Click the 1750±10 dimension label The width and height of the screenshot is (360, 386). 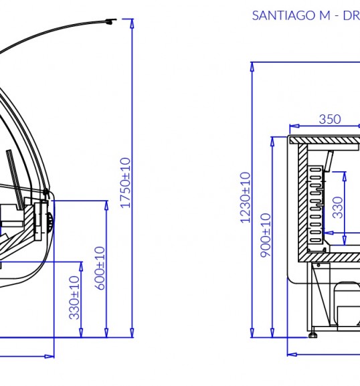pos(125,183)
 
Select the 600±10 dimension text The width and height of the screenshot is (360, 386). pos(100,268)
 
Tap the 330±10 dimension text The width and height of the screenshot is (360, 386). pos(74,298)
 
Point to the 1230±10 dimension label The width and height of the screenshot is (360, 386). pos(246,197)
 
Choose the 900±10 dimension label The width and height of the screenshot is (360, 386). pos(266,235)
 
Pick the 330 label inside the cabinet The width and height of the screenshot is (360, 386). pos(338,207)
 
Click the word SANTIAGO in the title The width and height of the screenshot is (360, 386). pos(284,15)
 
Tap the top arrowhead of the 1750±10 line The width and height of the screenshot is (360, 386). pos(132,23)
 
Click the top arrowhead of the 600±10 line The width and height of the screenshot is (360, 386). pos(106,205)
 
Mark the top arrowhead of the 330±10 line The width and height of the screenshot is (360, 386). pos(81,266)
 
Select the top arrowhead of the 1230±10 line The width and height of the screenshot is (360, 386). pos(252,67)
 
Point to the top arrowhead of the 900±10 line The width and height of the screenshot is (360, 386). pos(272,141)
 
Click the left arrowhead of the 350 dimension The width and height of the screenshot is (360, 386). pos(294,126)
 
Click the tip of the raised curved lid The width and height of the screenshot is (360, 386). pos(116,19)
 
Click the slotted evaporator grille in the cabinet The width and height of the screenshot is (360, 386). pos(315,204)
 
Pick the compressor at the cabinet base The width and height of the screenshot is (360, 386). pos(348,305)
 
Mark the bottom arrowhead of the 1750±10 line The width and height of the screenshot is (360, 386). pos(132,333)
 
